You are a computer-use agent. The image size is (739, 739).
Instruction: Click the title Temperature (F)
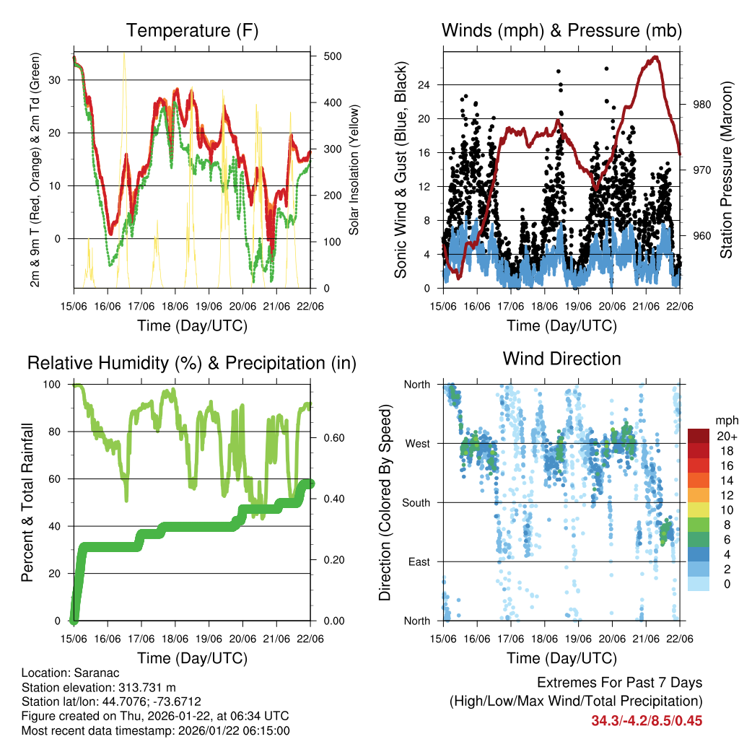(x=192, y=31)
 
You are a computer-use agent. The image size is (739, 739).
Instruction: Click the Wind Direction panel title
(x=561, y=359)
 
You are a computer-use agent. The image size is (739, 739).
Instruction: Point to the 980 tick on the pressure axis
(x=702, y=105)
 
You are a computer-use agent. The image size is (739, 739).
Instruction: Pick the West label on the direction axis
(x=417, y=444)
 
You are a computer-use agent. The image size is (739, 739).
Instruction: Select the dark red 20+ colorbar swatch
(x=699, y=436)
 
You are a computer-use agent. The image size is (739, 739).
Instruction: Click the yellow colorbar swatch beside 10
(x=699, y=510)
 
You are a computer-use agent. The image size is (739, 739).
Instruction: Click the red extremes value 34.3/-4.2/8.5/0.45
(x=647, y=720)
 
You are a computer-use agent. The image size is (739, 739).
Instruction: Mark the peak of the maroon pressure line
(x=655, y=57)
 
